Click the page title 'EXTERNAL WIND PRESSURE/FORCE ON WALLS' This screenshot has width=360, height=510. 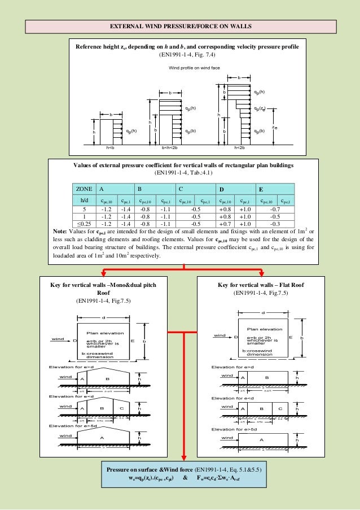click(x=181, y=27)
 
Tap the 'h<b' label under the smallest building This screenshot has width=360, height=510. click(x=110, y=147)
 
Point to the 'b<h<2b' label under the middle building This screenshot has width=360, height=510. click(x=170, y=147)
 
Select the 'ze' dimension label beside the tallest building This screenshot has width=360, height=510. click(x=274, y=128)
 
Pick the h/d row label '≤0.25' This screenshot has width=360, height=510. click(x=84, y=223)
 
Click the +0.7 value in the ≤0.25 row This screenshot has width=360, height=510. click(x=223, y=223)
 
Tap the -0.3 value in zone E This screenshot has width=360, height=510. click(x=275, y=223)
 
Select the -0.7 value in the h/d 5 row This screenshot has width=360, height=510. click(x=275, y=207)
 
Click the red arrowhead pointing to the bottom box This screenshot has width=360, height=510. click(x=183, y=459)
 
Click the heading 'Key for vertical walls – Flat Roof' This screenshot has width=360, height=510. click(x=261, y=285)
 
